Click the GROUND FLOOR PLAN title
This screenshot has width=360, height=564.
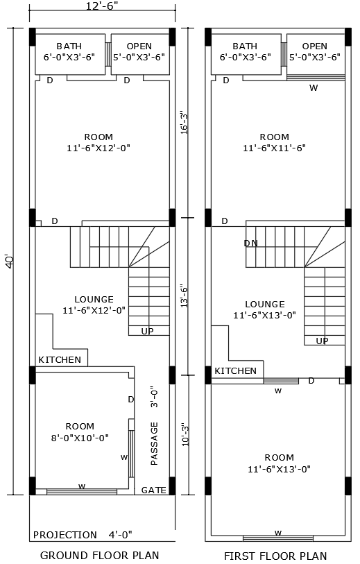pyautogui.click(x=99, y=555)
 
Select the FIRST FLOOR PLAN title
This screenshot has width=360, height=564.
pyautogui.click(x=275, y=556)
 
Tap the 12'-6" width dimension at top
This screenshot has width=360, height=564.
pyautogui.click(x=102, y=6)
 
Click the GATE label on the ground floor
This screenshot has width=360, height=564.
pyautogui.click(x=153, y=490)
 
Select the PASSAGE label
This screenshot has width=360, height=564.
pyautogui.click(x=154, y=443)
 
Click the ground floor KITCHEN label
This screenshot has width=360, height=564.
pyautogui.click(x=60, y=360)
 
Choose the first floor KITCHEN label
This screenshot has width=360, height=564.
pyautogui.click(x=235, y=371)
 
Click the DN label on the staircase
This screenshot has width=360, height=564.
pyautogui.click(x=251, y=243)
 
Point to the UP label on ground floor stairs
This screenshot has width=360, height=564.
pyautogui.click(x=148, y=331)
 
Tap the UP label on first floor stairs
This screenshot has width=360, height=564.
pyautogui.click(x=323, y=341)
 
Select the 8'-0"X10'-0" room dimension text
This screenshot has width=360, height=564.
pyautogui.click(x=80, y=437)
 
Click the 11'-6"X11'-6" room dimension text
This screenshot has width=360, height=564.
pyautogui.click(x=274, y=148)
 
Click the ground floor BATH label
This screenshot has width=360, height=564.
pyautogui.click(x=69, y=46)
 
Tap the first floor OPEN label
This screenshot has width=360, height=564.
pyautogui.click(x=314, y=46)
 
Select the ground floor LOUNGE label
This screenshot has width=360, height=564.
pyautogui.click(x=94, y=300)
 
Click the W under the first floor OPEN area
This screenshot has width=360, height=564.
pyautogui.click(x=314, y=87)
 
